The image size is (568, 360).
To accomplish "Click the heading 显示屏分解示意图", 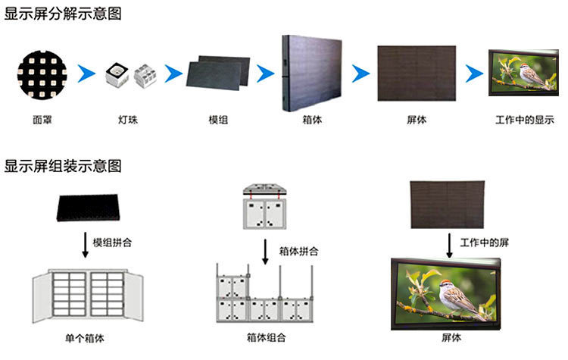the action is pos(63,14).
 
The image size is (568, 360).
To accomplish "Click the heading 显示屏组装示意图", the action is pos(63,166).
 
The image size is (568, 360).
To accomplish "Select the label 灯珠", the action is pos(127,120).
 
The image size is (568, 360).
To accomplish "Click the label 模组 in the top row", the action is pos(218,120).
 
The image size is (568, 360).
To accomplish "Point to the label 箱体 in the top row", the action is pos(311,120).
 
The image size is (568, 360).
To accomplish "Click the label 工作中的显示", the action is pos(524,120).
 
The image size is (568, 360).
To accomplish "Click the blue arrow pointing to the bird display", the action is pos(475,74).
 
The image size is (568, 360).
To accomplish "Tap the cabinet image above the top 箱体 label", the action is pos(311,72).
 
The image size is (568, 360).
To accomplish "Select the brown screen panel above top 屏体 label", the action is pos(416,73).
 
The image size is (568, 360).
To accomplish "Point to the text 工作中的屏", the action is pos(482,242).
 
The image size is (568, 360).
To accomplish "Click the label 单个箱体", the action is pos(86,337).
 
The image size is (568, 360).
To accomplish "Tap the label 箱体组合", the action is pos(264,337).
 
